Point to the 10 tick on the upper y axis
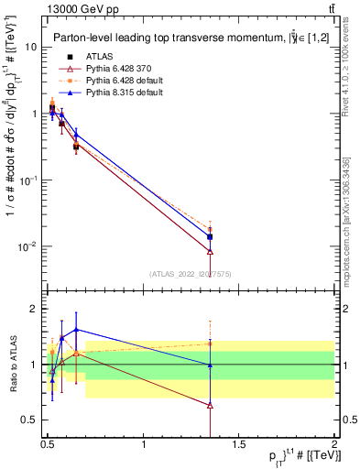[x=32, y=47]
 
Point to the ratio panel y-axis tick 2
[x=34, y=309]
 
